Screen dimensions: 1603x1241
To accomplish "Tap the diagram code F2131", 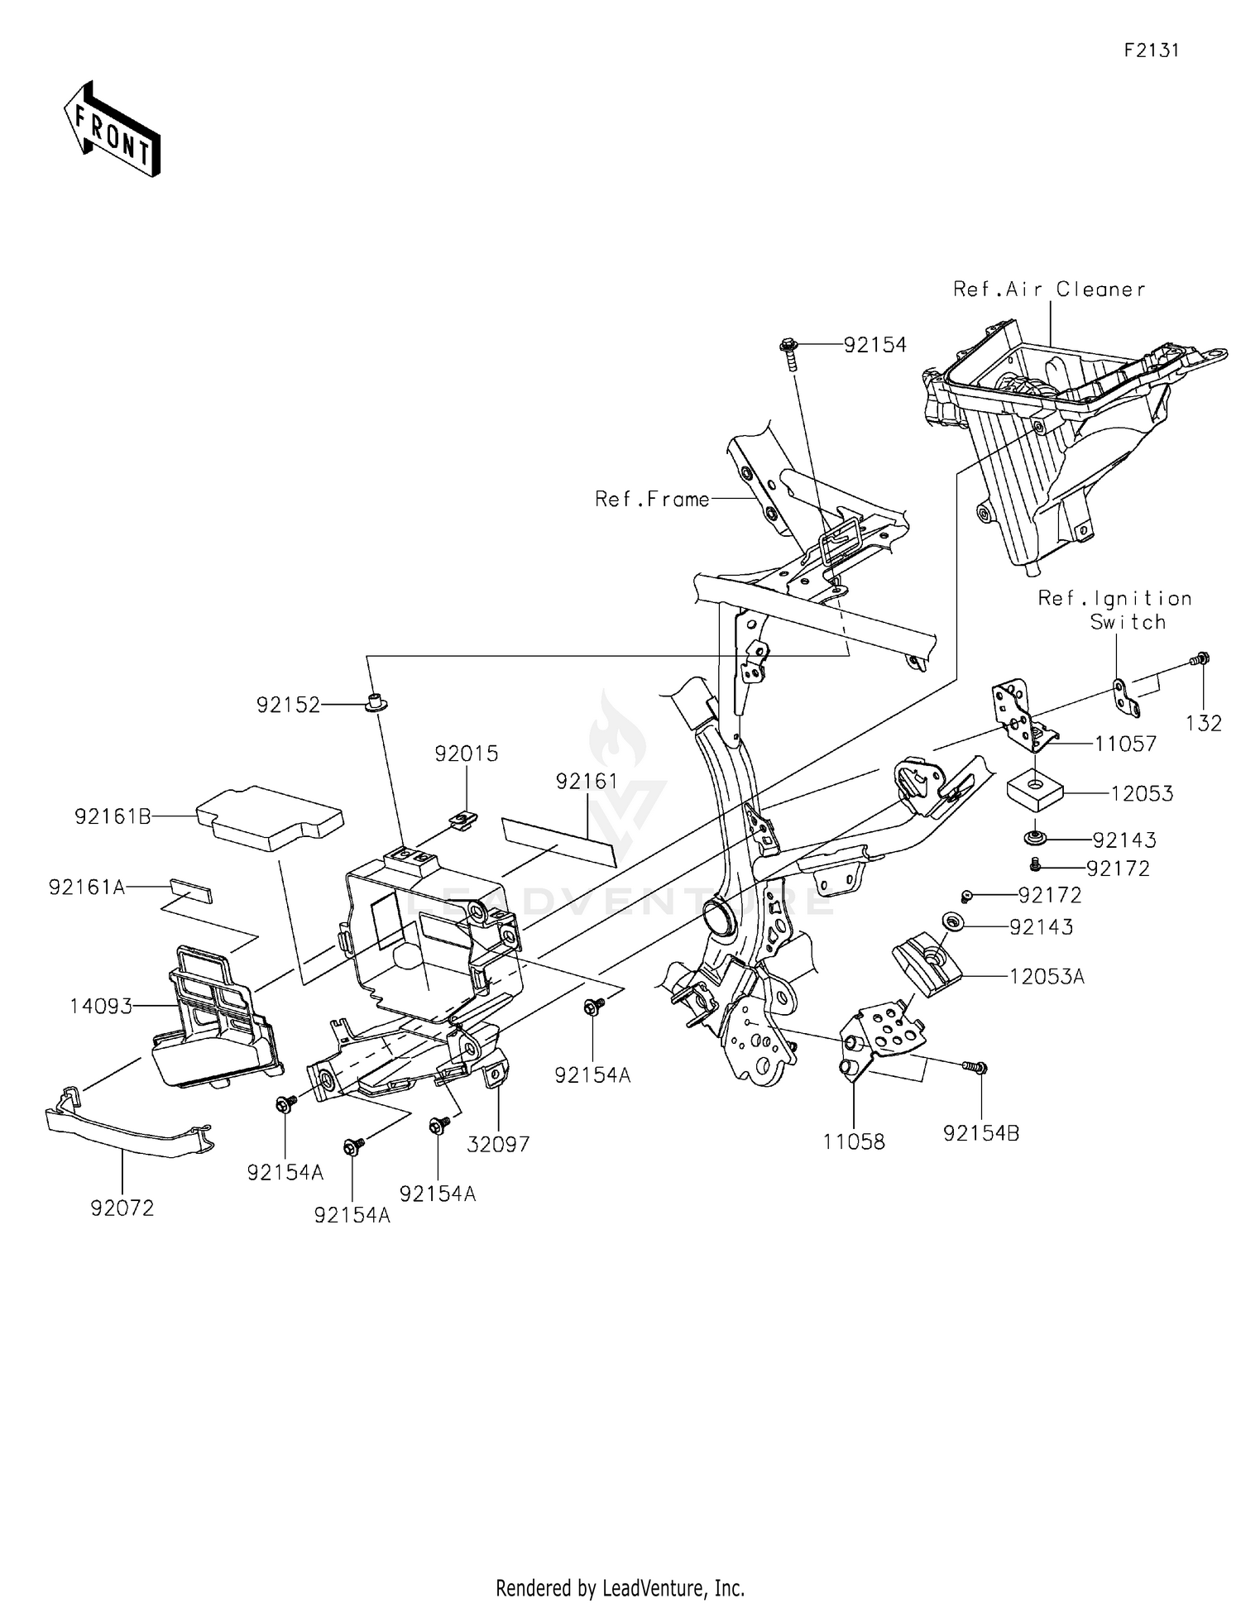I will point(1151,50).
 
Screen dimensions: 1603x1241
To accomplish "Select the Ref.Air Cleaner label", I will point(1049,289).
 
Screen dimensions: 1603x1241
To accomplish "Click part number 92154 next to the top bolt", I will point(874,345).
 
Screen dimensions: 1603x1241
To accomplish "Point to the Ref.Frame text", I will point(652,500).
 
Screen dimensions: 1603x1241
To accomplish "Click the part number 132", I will point(1203,723).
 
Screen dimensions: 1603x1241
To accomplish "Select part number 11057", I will point(1124,744).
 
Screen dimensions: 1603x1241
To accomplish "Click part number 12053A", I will point(1046,976).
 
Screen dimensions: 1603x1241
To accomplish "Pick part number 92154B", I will point(981,1133).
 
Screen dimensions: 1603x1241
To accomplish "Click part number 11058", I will point(854,1141).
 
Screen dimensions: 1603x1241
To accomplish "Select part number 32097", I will point(498,1144).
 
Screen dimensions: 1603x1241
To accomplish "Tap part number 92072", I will point(122,1208).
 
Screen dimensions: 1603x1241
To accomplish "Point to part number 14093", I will point(101,1007).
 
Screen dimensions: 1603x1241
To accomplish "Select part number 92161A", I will point(87,888).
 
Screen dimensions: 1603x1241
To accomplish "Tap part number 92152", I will point(287,705).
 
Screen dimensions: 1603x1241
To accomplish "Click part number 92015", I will point(467,754).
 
